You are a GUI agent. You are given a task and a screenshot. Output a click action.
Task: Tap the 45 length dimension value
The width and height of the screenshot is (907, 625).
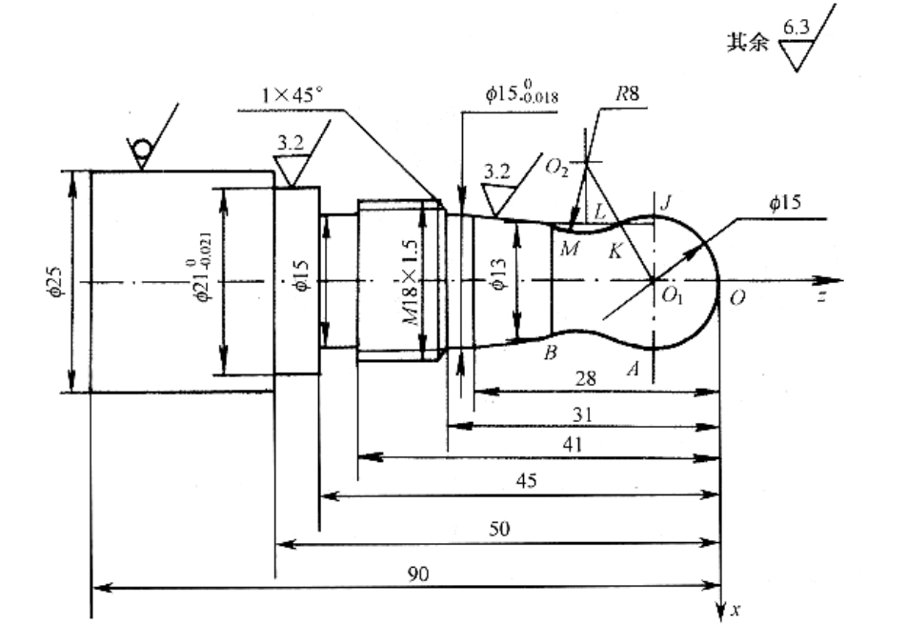point(525,482)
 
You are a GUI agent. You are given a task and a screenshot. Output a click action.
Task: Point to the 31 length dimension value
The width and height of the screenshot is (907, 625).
point(584,413)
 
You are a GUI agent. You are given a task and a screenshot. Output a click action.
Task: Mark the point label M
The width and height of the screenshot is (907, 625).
point(569,249)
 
